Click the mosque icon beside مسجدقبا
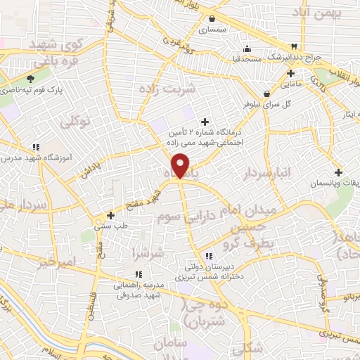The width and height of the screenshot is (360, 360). [x=247, y=49]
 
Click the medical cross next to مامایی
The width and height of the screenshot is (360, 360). [x=290, y=73]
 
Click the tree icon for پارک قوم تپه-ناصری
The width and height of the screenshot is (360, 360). [x=30, y=79]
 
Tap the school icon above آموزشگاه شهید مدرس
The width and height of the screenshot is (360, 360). [x=35, y=146]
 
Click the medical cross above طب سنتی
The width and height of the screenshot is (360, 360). [x=110, y=215]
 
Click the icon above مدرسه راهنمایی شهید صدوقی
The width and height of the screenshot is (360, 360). [x=138, y=275]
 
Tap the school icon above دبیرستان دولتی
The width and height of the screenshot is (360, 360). [x=208, y=257]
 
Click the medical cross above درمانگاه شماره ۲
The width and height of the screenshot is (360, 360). [x=205, y=121]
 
